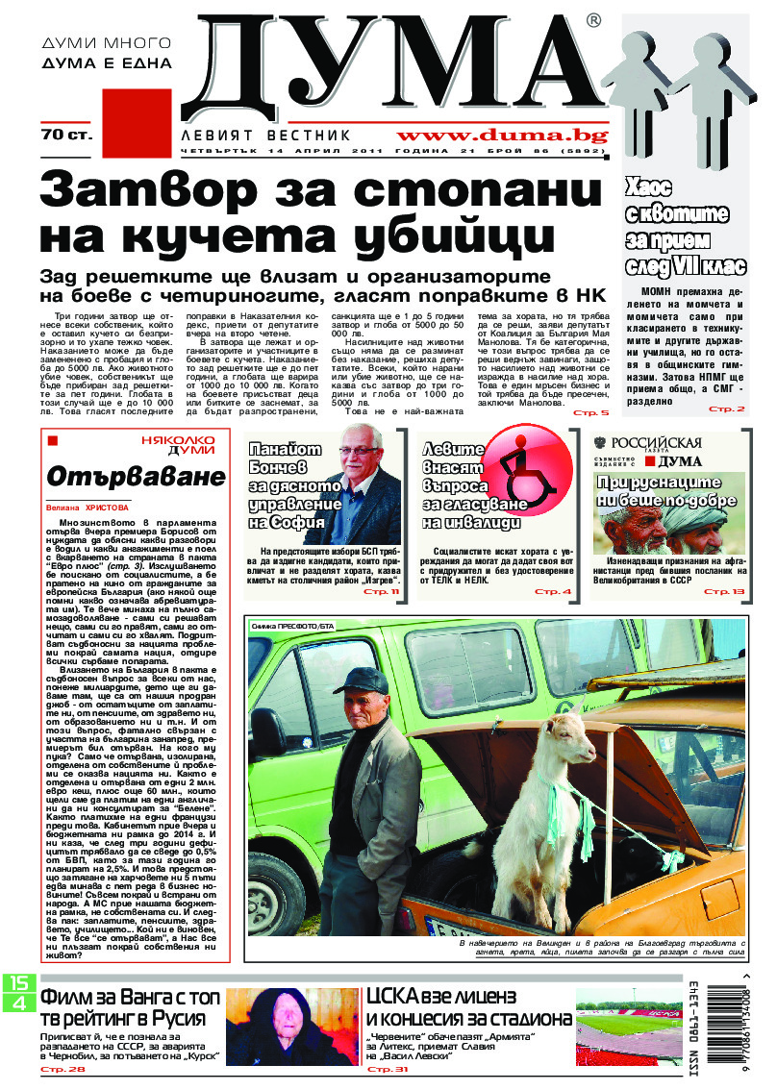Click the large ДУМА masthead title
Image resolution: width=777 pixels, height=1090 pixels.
coord(394,62)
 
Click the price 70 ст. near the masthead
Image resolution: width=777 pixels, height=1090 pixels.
coord(66,136)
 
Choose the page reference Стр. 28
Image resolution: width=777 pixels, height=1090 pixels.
coord(63,1069)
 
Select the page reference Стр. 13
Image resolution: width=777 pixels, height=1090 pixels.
coord(723,591)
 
